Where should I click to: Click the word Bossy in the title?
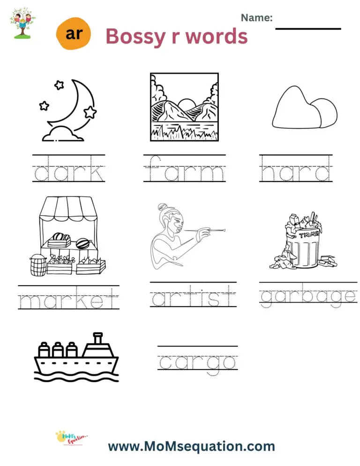pos(135,36)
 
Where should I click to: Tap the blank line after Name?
pos(307,28)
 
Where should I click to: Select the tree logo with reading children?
pos(22,22)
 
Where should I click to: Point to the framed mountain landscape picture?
pos(184,106)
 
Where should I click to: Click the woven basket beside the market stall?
pos(37,265)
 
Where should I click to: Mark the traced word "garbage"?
pos(308,297)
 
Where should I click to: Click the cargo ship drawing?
pos(75,356)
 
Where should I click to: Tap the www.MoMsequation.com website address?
pos(191,445)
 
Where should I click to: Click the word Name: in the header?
pos(256,18)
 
